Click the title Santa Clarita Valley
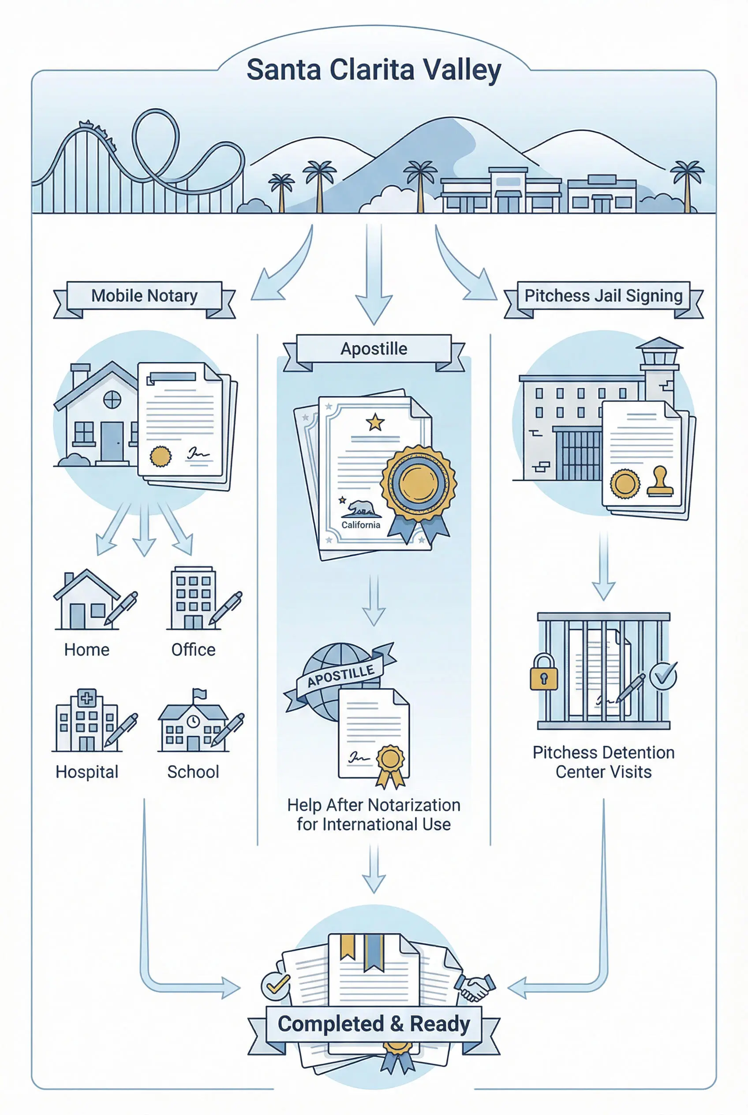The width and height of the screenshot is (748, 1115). [374, 70]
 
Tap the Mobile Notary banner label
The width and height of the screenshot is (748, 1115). [144, 296]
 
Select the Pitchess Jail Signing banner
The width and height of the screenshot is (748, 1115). [603, 296]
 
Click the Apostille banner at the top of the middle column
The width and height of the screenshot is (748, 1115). [374, 349]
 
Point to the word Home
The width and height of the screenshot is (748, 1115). [87, 649]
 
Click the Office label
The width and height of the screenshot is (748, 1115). [193, 649]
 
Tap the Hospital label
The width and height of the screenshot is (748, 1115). [87, 771]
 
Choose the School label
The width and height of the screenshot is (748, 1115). [193, 771]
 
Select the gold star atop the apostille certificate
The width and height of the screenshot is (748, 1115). [375, 422]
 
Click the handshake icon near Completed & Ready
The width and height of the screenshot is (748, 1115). [475, 987]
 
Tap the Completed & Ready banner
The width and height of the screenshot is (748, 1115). [374, 1024]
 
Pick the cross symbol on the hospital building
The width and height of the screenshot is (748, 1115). [87, 699]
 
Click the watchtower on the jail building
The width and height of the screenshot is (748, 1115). [659, 363]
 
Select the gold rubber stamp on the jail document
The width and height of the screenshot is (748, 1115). [660, 483]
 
